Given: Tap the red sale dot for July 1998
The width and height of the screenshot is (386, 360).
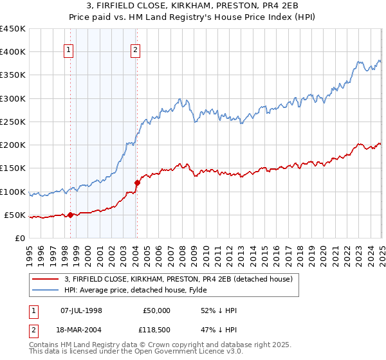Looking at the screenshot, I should click(x=70, y=215).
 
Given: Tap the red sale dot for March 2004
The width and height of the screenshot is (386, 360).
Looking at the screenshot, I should click(x=137, y=183).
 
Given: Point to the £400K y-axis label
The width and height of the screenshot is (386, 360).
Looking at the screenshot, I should click(x=13, y=52).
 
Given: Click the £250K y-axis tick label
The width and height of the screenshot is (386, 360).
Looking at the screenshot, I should click(x=13, y=122).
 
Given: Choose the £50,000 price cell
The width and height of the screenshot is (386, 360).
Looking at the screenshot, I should click(x=156, y=310).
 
